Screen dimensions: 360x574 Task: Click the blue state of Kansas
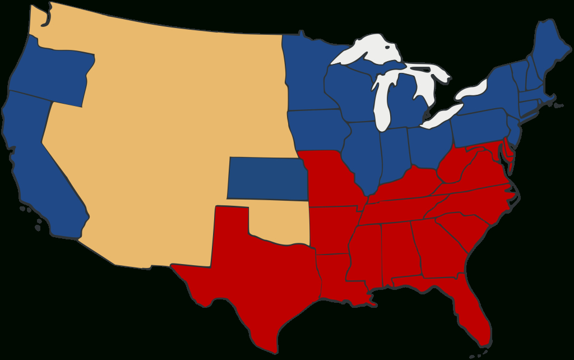(266, 178)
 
